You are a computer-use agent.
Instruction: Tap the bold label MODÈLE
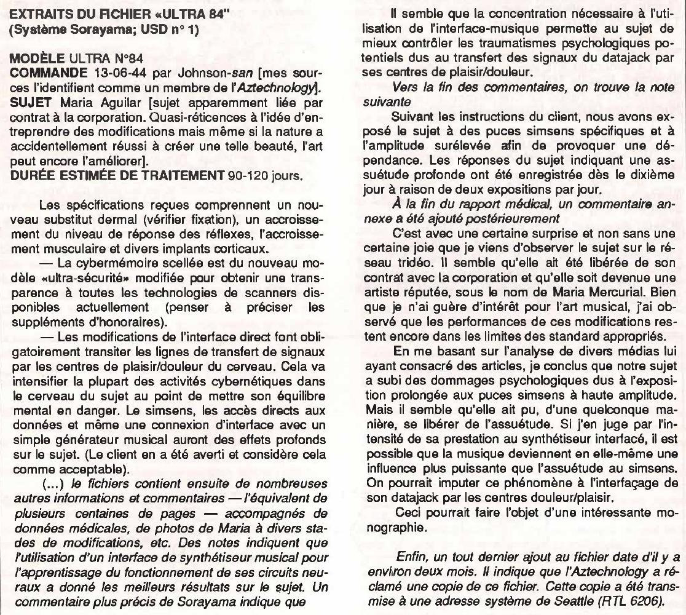coord(35,59)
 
